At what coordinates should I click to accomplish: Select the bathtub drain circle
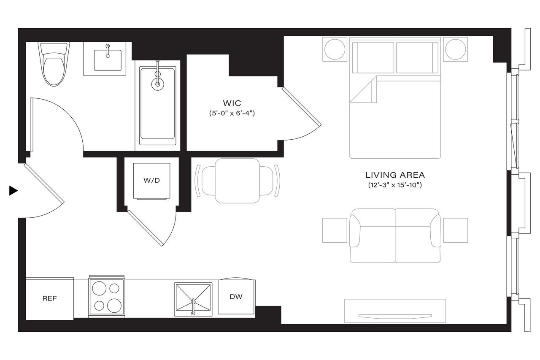click(x=158, y=84)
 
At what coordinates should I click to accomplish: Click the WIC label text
click(x=232, y=103)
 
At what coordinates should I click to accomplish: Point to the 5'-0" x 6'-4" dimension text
click(x=232, y=113)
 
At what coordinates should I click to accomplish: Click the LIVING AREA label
click(x=395, y=175)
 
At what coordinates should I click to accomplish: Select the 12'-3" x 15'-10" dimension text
click(x=395, y=185)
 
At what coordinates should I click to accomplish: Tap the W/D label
click(x=152, y=181)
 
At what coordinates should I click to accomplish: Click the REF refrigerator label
click(x=49, y=298)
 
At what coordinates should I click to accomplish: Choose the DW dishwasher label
click(x=236, y=297)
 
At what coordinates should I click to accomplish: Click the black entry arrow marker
click(x=13, y=191)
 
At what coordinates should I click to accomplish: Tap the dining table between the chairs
click(x=237, y=181)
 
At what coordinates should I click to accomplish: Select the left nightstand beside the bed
click(x=335, y=49)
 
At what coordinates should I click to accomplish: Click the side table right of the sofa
click(x=455, y=230)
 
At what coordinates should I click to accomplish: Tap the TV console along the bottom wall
click(x=395, y=311)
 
